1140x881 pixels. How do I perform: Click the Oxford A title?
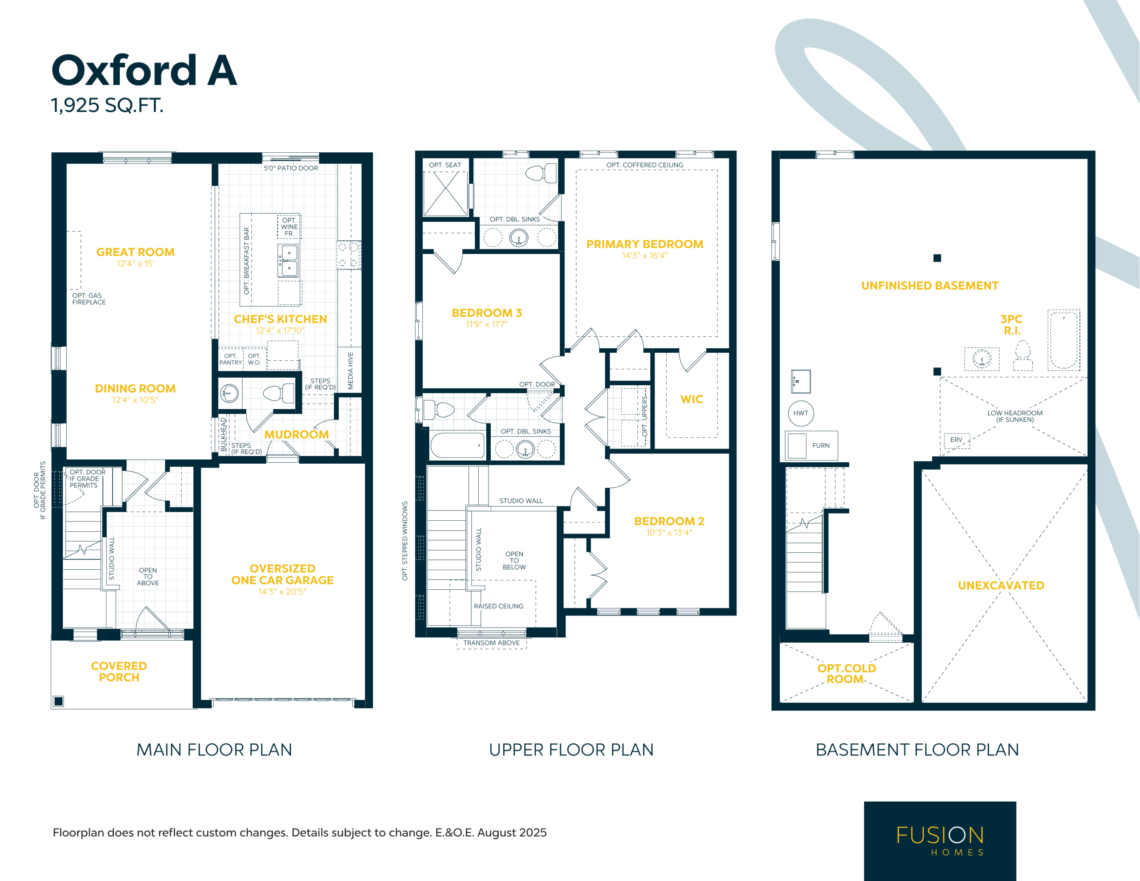point(144,70)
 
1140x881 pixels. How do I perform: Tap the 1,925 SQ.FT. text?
point(107,105)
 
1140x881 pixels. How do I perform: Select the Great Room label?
point(136,252)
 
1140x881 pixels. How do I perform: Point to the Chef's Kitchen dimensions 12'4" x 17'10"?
point(280,330)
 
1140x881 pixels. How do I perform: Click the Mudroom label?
point(297,435)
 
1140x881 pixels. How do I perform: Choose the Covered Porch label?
point(119,672)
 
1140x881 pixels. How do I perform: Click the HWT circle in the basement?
point(801,413)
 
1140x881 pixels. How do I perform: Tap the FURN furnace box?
point(811,445)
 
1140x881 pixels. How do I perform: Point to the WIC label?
point(692,400)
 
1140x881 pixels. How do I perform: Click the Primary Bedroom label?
point(645,245)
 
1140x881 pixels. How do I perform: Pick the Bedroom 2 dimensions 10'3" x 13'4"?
point(669,533)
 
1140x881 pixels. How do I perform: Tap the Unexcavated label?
point(1001,585)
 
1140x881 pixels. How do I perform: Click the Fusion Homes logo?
point(940,840)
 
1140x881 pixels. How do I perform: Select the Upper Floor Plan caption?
point(571,750)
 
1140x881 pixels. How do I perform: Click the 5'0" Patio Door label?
point(291,168)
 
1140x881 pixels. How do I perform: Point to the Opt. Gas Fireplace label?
point(89,299)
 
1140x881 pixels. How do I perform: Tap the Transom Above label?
point(491,643)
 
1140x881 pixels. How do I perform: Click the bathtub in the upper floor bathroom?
point(458,445)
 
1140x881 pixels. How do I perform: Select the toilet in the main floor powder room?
point(279,393)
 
